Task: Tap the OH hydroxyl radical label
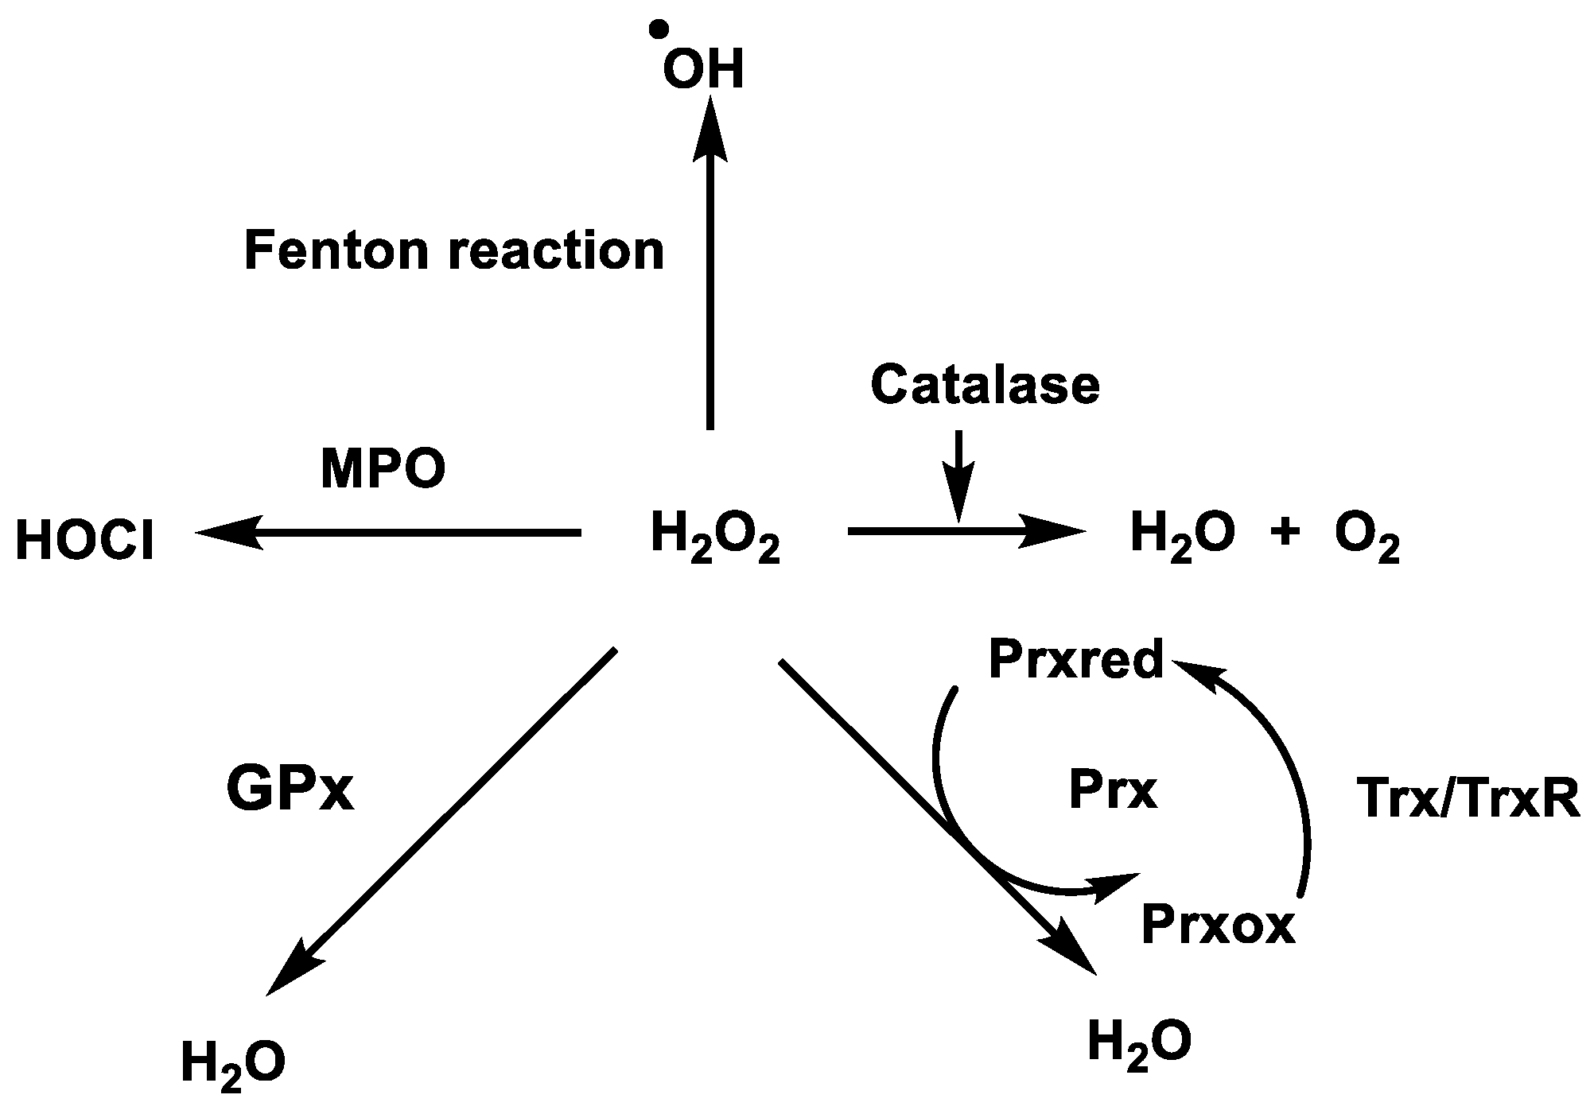(x=703, y=71)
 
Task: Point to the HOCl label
(x=85, y=542)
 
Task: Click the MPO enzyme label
(x=383, y=469)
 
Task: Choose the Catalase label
(x=985, y=385)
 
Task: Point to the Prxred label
(x=1076, y=660)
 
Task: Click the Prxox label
(x=1218, y=925)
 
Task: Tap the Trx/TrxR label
(x=1467, y=798)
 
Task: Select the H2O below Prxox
(x=1139, y=1045)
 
